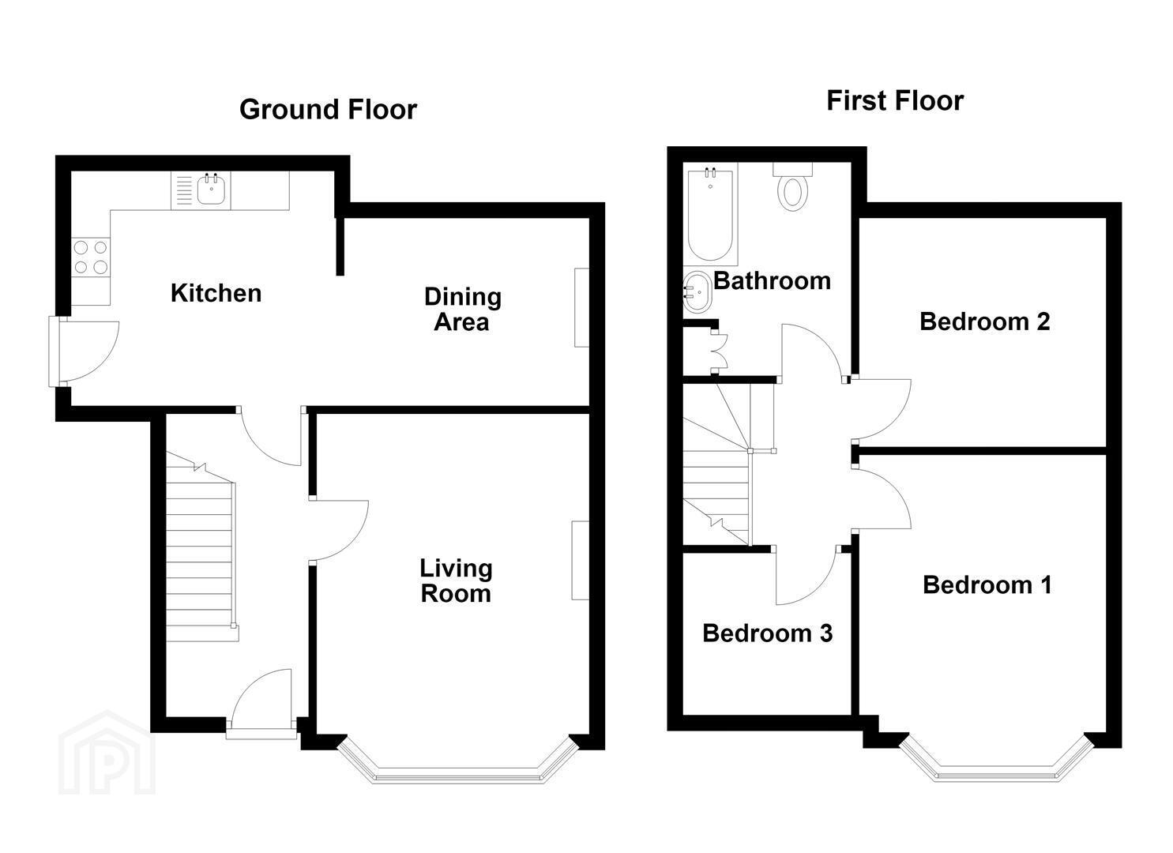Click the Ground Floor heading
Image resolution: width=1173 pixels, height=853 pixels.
click(x=328, y=110)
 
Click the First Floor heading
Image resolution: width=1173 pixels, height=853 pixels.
click(x=895, y=100)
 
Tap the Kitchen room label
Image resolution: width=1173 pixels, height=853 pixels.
click(x=216, y=293)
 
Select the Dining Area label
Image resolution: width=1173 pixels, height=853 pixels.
click(x=462, y=309)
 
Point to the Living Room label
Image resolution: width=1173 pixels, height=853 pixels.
click(x=456, y=581)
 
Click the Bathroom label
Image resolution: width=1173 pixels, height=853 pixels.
click(x=772, y=281)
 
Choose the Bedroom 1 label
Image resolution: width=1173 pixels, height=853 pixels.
click(x=987, y=585)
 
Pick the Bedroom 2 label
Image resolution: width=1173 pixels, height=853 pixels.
click(x=984, y=321)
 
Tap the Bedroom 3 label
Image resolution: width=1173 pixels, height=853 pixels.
click(x=767, y=633)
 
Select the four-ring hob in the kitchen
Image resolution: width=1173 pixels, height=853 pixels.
click(x=91, y=257)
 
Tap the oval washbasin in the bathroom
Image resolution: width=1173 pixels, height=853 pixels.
click(x=697, y=291)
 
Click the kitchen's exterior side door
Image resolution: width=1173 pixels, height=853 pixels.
click(x=84, y=351)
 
